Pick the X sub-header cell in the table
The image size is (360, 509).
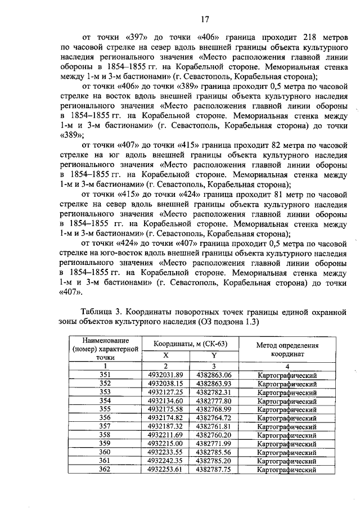165,355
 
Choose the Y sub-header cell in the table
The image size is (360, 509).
214,355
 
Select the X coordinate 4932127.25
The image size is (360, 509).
166,392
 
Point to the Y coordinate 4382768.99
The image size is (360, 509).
214,409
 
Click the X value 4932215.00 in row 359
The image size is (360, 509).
166,443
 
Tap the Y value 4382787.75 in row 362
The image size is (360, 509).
214,469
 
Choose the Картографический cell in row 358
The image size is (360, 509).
287,435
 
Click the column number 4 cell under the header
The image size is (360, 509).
287,366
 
